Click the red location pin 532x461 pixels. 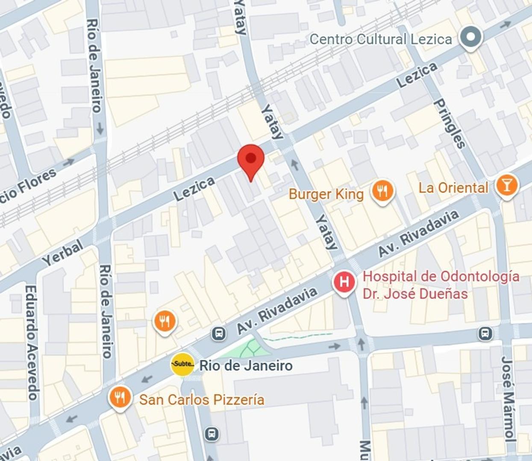(251, 159)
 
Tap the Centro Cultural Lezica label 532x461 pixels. (380, 39)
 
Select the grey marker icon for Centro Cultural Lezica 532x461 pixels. (470, 37)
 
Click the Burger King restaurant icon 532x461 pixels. (382, 190)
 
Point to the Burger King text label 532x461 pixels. (326, 194)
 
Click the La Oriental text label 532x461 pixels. (453, 188)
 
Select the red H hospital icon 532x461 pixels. (344, 282)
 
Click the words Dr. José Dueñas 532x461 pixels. (415, 294)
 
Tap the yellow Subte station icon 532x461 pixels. (182, 365)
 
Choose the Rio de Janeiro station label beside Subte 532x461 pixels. (246, 365)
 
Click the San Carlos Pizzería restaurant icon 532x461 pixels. (120, 397)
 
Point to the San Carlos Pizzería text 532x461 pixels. (202, 400)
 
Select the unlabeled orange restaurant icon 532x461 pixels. (165, 321)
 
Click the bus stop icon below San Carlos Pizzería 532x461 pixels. (212, 434)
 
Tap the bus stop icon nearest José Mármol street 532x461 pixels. (485, 333)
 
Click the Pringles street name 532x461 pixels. (449, 124)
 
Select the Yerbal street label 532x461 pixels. (63, 253)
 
